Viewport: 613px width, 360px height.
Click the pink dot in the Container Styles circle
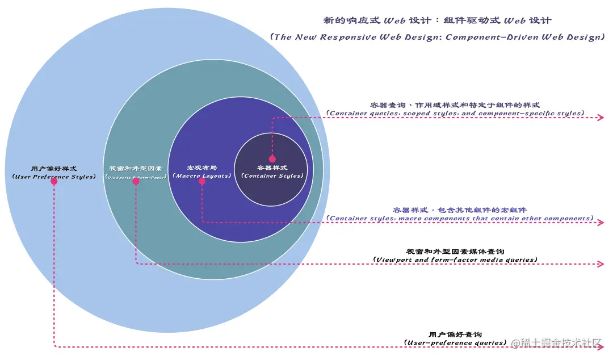coord(272,159)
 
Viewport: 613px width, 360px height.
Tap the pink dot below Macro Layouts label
coord(201,181)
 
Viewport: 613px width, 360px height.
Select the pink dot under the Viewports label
coord(136,181)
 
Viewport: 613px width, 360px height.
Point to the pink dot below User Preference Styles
coord(54,182)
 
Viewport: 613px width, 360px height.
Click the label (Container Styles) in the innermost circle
coord(272,175)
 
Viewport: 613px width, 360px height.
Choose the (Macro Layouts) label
coord(202,176)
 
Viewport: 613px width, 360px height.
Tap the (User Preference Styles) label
coord(54,177)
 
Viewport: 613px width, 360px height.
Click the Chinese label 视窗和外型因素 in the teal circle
coord(136,169)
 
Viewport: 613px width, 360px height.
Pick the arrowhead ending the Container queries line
coord(602,118)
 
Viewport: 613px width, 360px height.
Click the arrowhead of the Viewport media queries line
coord(602,264)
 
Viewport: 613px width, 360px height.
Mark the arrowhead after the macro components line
coord(602,223)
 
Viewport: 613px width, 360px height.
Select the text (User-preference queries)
coord(455,342)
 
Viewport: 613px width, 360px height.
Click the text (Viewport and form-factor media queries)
coord(455,259)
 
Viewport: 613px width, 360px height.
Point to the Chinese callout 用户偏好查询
coord(455,334)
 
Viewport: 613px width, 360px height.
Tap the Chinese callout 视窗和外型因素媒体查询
coord(455,251)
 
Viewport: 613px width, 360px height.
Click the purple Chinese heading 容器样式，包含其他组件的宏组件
coord(460,210)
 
